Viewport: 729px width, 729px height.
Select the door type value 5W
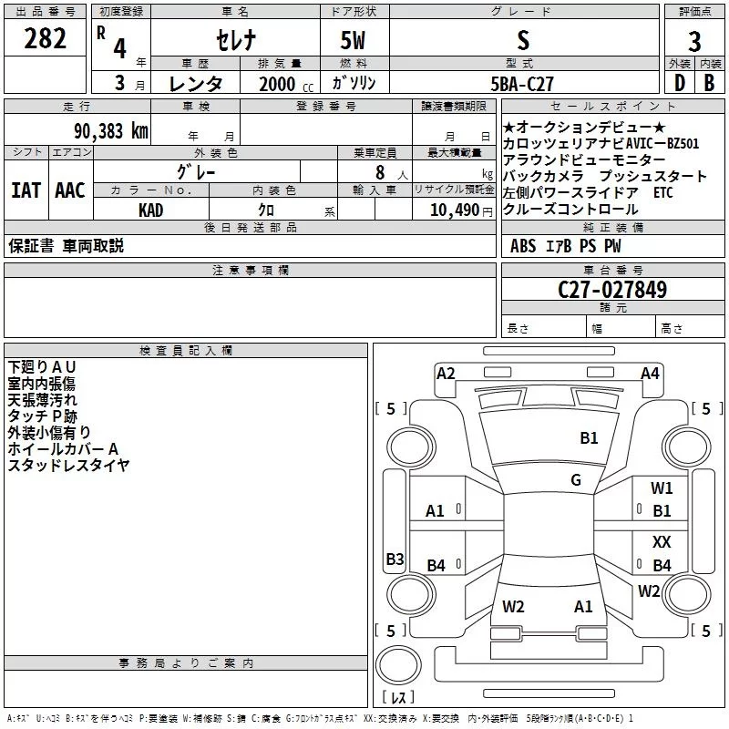pos(354,40)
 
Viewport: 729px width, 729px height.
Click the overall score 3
pos(694,41)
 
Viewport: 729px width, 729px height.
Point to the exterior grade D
pos(679,82)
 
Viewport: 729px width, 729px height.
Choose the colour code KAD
pos(151,210)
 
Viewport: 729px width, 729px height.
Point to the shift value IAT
pos(26,190)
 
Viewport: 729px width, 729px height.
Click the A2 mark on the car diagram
pos(446,373)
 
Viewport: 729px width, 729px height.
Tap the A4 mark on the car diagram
pos(650,373)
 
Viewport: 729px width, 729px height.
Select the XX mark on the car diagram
pos(662,542)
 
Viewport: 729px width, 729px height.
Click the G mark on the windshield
pos(576,479)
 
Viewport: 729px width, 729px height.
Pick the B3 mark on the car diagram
pos(395,560)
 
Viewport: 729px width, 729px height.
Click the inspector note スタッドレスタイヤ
pos(69,465)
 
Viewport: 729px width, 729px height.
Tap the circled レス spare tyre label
pos(398,698)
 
